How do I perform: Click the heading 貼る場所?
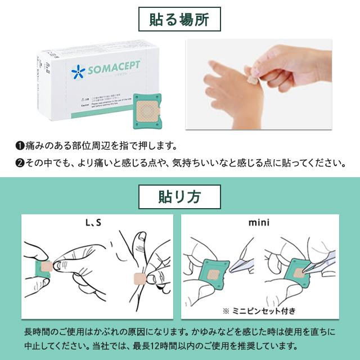(179, 21)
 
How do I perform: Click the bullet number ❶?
(19, 146)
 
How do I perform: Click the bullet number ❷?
(19, 164)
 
